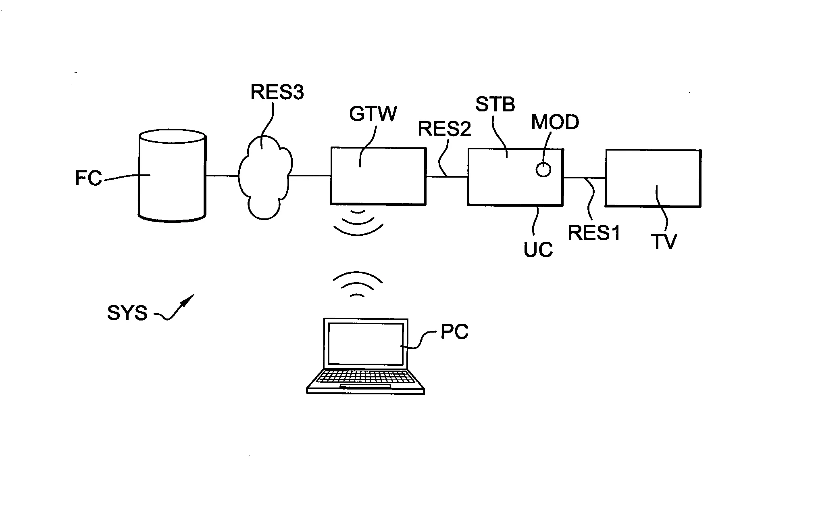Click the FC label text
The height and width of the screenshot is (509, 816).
[x=88, y=178]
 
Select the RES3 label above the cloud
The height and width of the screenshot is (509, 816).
[x=277, y=92]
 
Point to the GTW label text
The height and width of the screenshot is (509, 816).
[x=373, y=114]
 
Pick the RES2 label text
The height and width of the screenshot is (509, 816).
[x=444, y=129]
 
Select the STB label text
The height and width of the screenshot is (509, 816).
[x=495, y=105]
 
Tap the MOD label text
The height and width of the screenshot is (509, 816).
[x=555, y=122]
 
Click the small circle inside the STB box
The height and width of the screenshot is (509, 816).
[x=543, y=170]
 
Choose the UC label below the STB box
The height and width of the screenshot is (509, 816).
[x=538, y=250]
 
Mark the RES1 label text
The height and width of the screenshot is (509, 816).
[x=593, y=233]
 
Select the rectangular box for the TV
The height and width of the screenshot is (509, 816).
[x=653, y=178]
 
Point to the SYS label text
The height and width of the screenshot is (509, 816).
[x=127, y=313]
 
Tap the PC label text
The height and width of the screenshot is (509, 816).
[x=454, y=332]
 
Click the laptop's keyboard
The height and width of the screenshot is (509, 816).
[x=365, y=377]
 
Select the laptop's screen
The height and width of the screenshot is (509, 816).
[x=365, y=343]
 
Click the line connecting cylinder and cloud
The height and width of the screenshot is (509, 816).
[x=222, y=176]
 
